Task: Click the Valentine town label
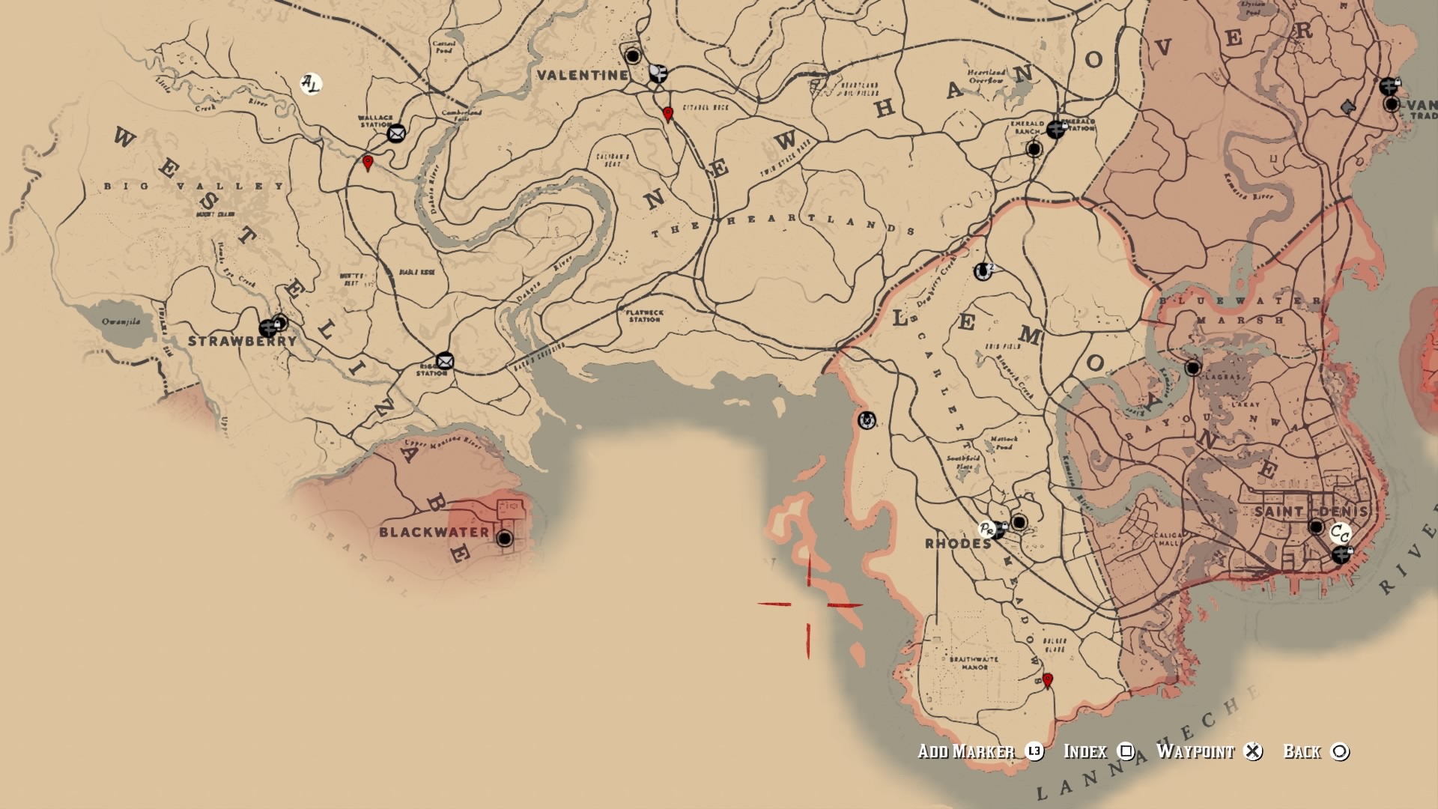tap(582, 75)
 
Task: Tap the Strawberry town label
tap(242, 341)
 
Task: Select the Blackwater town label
tap(434, 532)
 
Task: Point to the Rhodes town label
tap(958, 544)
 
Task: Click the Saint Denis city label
tap(1311, 512)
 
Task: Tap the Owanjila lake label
tap(121, 321)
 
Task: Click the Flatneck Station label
tap(644, 315)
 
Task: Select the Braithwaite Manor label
tap(974, 663)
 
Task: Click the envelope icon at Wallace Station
tap(396, 133)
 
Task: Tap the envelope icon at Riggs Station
tap(445, 361)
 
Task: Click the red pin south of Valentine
tap(668, 114)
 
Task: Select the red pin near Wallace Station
tap(367, 163)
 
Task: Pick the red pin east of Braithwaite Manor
tap(1048, 680)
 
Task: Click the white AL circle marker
tap(310, 83)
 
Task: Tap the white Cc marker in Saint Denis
tap(1340, 533)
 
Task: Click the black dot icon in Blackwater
tap(505, 538)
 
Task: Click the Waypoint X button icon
tap(1253, 751)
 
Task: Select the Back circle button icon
tap(1340, 751)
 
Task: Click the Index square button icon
tap(1126, 751)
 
